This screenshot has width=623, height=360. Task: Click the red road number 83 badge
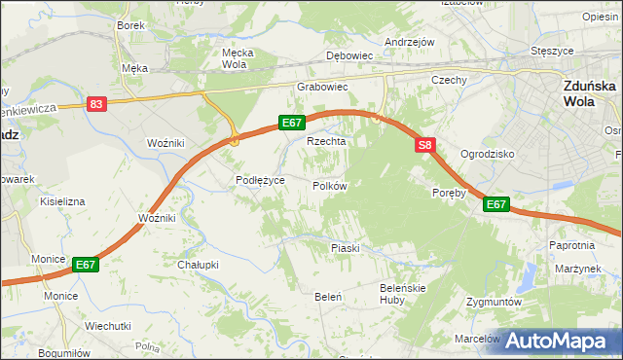[x=95, y=104]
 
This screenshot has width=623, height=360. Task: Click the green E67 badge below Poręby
[x=496, y=204]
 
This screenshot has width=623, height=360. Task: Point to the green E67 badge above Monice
[x=85, y=264]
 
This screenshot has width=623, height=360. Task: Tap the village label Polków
[x=329, y=186]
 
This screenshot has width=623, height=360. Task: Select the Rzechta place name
[x=326, y=141]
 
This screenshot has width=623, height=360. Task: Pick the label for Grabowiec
[x=322, y=87]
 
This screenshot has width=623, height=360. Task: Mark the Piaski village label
[x=345, y=248]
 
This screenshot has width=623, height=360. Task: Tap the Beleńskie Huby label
[x=404, y=295]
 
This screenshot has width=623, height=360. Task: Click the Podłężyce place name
[x=260, y=180]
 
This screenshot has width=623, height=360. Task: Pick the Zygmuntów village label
[x=496, y=303]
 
